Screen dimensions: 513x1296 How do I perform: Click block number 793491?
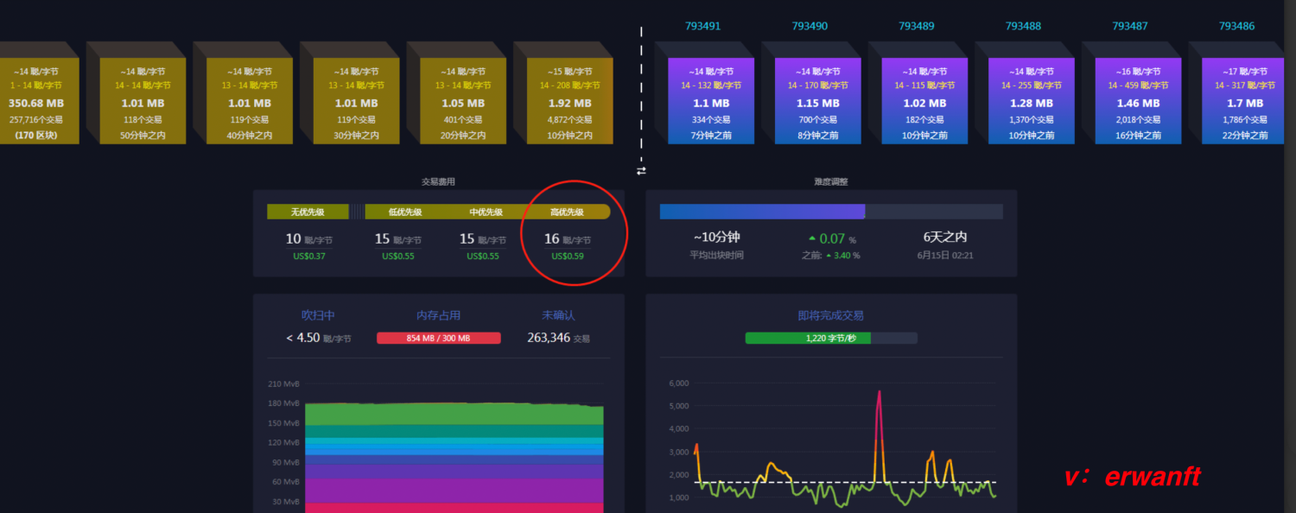click(x=702, y=26)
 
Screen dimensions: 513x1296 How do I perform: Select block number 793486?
click(x=1236, y=26)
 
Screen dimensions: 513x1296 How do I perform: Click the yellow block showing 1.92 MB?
click(x=569, y=101)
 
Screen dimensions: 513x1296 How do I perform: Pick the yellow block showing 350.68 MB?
click(x=36, y=101)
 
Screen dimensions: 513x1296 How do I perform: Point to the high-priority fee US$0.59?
click(x=568, y=256)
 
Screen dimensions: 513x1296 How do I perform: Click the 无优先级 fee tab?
click(x=308, y=212)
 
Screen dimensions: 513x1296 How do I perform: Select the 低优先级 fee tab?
click(x=405, y=212)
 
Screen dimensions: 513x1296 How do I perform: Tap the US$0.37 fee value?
click(x=308, y=256)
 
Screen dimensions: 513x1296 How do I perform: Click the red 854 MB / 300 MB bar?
click(x=438, y=338)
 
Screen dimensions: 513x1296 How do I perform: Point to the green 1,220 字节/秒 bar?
click(x=808, y=338)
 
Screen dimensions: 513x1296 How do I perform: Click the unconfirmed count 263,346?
click(x=549, y=338)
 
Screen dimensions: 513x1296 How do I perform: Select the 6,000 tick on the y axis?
click(x=678, y=383)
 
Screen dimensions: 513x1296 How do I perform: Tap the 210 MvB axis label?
click(x=284, y=383)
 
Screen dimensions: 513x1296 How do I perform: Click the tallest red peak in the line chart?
click(x=880, y=393)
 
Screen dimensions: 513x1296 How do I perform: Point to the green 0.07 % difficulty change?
click(x=832, y=238)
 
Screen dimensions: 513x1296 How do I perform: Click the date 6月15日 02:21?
click(x=945, y=256)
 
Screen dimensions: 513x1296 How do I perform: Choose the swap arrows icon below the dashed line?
click(x=641, y=171)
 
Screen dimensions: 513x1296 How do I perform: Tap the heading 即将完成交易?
click(x=830, y=315)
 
